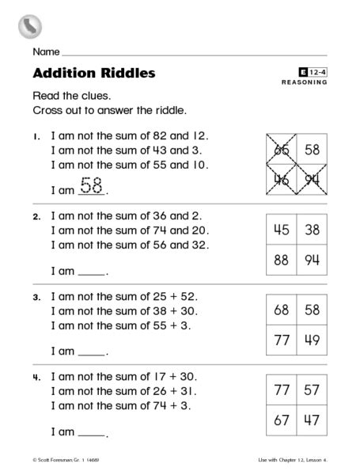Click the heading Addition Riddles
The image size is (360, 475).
tap(94, 74)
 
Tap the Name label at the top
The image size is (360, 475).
tap(45, 52)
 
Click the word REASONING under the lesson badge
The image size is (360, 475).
tap(305, 82)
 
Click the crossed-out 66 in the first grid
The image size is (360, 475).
tap(280, 149)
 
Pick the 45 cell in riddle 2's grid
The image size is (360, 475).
tap(280, 230)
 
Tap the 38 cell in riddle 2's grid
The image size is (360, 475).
tap(312, 230)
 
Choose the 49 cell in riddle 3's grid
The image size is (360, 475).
tap(312, 340)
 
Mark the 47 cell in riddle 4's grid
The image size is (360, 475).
tap(312, 420)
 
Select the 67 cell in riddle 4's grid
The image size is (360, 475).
tap(280, 420)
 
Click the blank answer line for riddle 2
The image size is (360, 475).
tap(92, 274)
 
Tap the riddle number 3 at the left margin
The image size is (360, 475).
tap(36, 298)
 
